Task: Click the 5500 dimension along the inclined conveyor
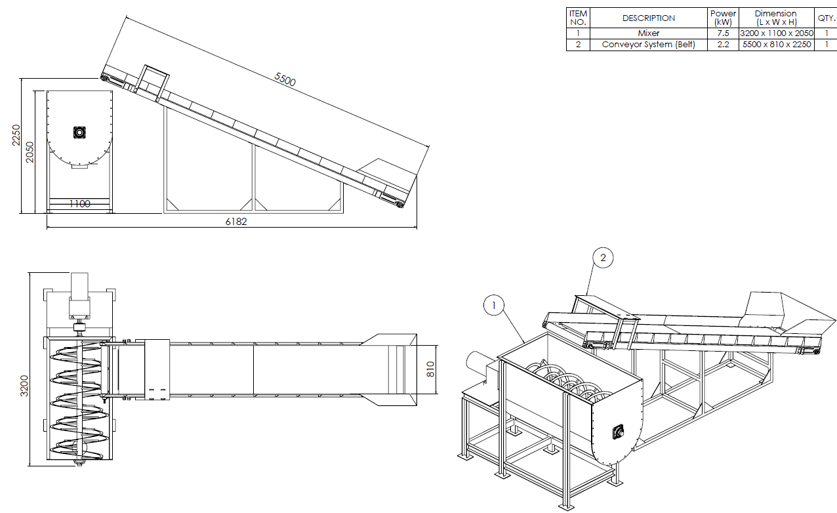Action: tap(285, 79)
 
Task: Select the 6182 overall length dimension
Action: tap(236, 222)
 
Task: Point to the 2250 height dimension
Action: tap(16, 135)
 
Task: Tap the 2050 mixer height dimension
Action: tap(30, 152)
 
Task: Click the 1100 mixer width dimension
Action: tap(79, 203)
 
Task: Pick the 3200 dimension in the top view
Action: tap(24, 386)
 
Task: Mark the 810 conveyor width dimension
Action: tap(430, 369)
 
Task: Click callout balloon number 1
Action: tap(494, 305)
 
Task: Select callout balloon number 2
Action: tap(603, 257)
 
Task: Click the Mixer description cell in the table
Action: tap(648, 33)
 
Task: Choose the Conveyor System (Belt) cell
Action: tap(648, 45)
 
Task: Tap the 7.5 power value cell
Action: tap(723, 33)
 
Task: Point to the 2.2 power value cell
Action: tap(723, 45)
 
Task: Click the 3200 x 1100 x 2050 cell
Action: tap(777, 33)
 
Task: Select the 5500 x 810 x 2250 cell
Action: tap(777, 45)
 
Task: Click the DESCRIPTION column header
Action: tap(648, 18)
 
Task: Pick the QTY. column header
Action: tap(826, 18)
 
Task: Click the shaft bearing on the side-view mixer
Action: tap(79, 133)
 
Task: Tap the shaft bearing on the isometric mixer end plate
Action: tap(619, 432)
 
